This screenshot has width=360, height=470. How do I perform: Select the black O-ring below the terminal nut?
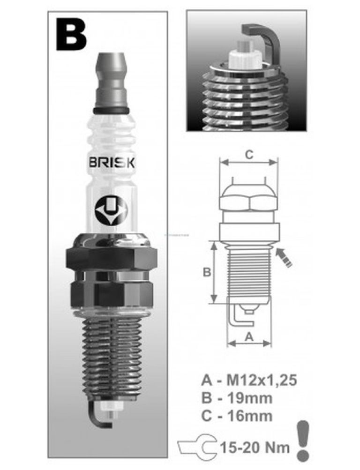click(112, 111)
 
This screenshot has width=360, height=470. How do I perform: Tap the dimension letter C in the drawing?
click(250, 155)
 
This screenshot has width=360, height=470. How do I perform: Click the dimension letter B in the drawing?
click(207, 272)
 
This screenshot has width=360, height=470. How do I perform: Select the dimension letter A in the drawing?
click(250, 336)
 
